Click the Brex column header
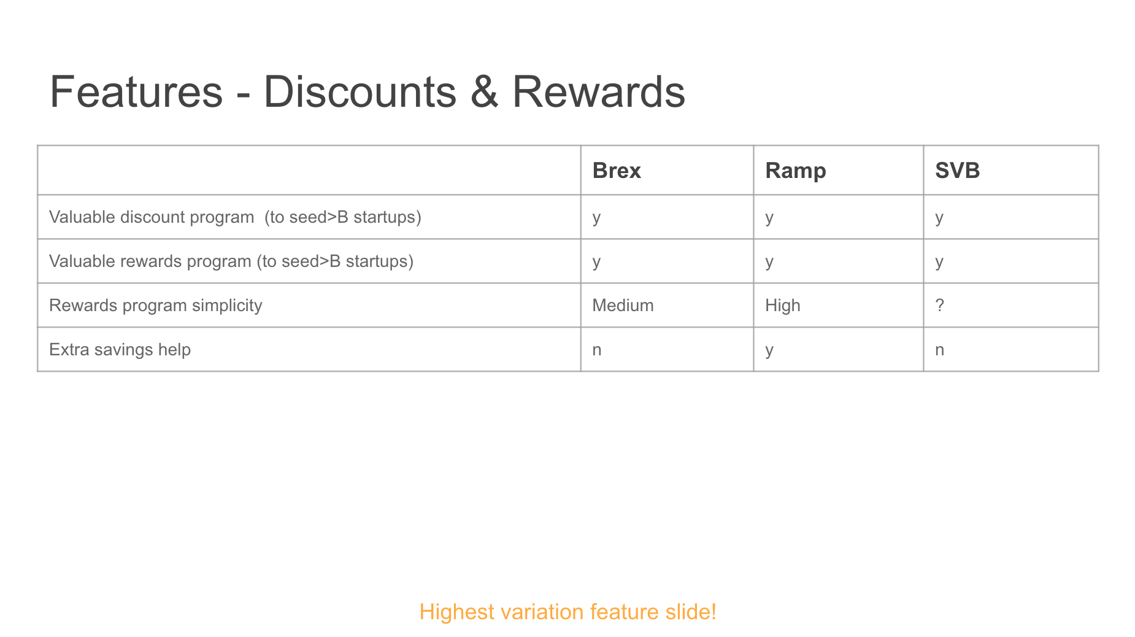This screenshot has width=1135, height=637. click(617, 171)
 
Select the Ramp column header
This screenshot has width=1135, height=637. click(796, 171)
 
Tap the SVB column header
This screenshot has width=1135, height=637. click(957, 171)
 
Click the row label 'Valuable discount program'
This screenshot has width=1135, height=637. click(152, 217)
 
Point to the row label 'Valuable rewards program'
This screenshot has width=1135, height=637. click(150, 261)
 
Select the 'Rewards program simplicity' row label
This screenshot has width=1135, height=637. click(156, 306)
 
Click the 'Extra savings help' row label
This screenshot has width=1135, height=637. click(120, 350)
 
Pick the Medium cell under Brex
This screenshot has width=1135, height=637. click(623, 306)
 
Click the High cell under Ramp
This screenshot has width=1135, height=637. click(783, 306)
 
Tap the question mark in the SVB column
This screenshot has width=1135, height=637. click(939, 306)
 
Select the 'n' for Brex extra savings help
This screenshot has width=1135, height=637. click(597, 350)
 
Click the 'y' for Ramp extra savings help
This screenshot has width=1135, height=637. click(769, 352)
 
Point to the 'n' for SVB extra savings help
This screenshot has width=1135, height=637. click(939, 350)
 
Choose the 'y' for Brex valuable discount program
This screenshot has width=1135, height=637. click(596, 219)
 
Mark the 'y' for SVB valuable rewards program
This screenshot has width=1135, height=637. click(939, 263)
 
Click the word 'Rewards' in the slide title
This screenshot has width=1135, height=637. click(598, 92)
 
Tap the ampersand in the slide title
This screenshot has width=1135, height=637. click(484, 92)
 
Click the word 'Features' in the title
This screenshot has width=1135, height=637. click(136, 92)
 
